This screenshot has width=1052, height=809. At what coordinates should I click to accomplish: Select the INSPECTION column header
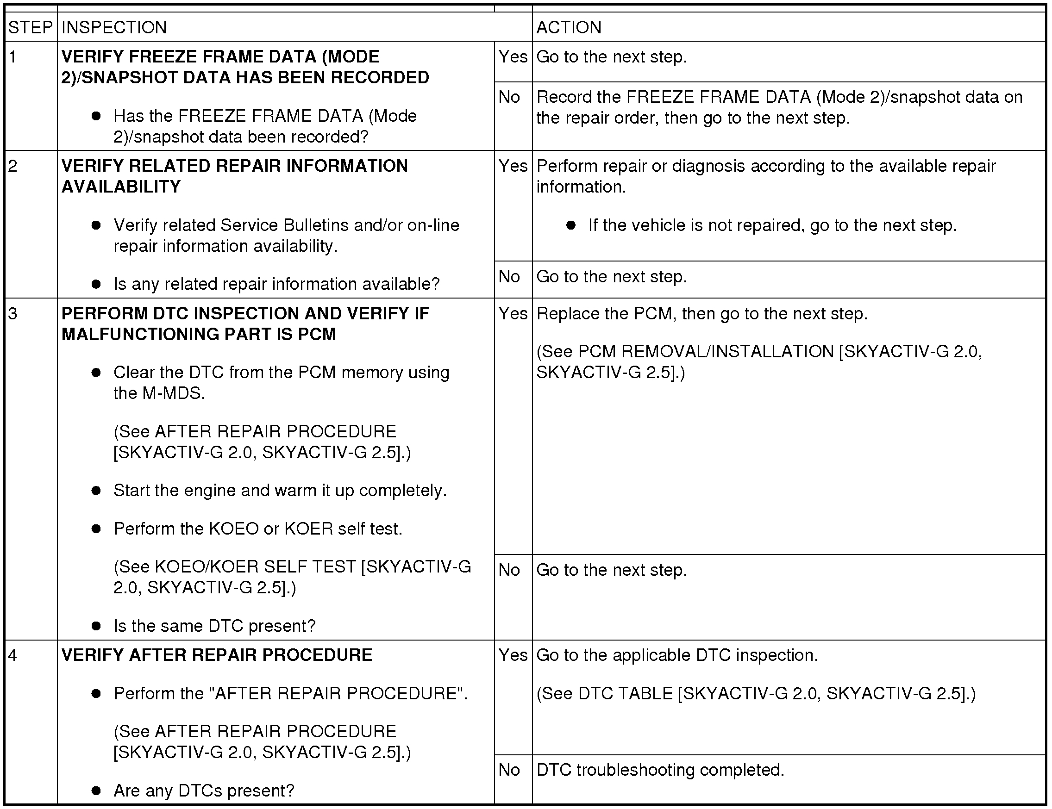click(114, 27)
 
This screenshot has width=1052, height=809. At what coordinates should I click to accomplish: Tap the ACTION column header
click(569, 27)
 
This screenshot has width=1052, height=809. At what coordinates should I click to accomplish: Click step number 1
click(13, 57)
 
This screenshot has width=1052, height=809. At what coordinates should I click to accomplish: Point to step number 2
click(13, 166)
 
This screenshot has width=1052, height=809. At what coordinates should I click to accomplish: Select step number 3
click(13, 313)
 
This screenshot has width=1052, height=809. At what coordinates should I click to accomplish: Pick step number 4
click(13, 655)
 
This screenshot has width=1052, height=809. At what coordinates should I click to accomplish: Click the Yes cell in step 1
click(513, 57)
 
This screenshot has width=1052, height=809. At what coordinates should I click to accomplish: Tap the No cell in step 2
click(509, 276)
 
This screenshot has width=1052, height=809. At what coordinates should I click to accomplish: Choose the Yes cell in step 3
click(513, 313)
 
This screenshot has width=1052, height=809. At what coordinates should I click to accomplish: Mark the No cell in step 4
click(509, 770)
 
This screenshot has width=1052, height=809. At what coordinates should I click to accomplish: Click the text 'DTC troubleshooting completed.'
click(660, 770)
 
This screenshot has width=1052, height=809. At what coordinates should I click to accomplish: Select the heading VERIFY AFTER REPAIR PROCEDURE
click(217, 655)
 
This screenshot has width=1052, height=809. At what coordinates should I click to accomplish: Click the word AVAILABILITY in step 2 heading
click(121, 187)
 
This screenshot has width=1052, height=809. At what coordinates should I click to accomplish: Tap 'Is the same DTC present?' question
click(214, 626)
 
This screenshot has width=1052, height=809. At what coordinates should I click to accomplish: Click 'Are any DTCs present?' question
click(204, 790)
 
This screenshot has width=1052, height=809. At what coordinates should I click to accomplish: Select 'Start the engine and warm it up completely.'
click(280, 490)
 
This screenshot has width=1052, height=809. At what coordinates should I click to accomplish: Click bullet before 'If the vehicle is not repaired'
click(571, 225)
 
